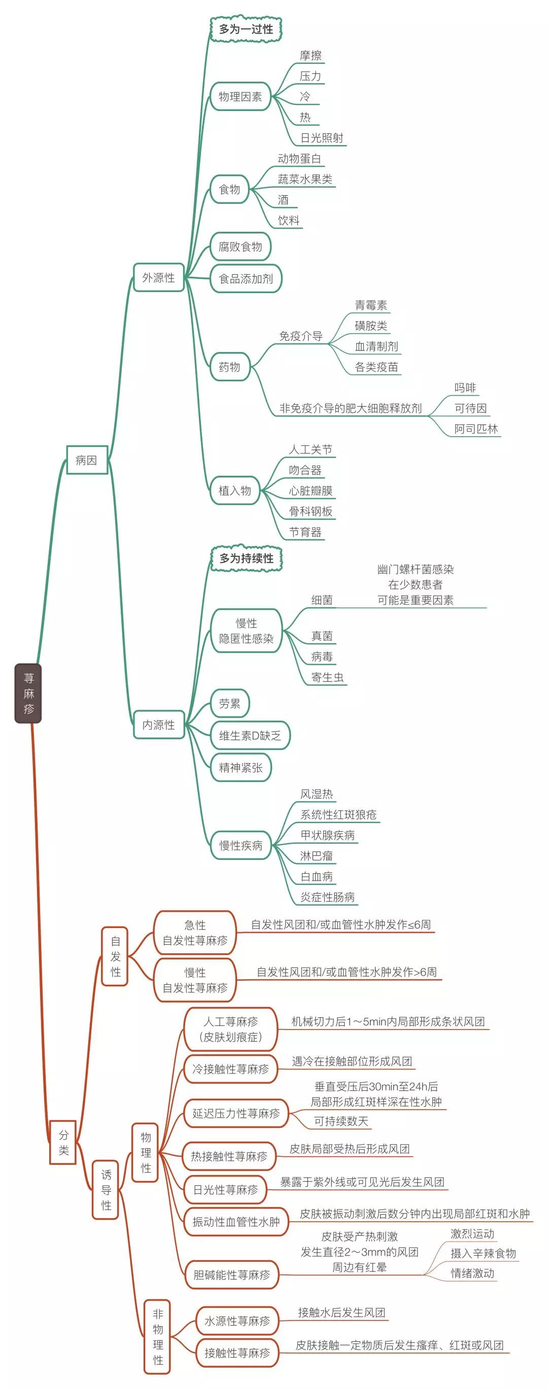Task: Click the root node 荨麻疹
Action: pos(28,693)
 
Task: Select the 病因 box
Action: pos(86,460)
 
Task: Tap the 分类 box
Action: pos(63,1142)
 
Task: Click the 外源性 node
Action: pos(159,278)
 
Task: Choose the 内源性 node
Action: pos(159,725)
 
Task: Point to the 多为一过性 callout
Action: pos(246,29)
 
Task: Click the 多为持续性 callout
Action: pos(246,558)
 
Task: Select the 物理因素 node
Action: pos(240,96)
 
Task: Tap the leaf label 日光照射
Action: pos(322,138)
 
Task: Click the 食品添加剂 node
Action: pos(246,279)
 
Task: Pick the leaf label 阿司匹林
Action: pos(476,429)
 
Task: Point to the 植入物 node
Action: pos(234,491)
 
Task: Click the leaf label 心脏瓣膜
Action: pos(310,491)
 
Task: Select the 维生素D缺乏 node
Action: pos(250,735)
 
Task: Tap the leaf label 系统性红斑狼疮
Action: pos(338,815)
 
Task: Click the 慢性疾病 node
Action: pos(241,845)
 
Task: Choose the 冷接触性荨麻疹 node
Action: pos(230,1069)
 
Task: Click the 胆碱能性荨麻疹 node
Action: pos(231,1275)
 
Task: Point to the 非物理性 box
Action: pos(157,1336)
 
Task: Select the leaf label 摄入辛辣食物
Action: pos(483,1253)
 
